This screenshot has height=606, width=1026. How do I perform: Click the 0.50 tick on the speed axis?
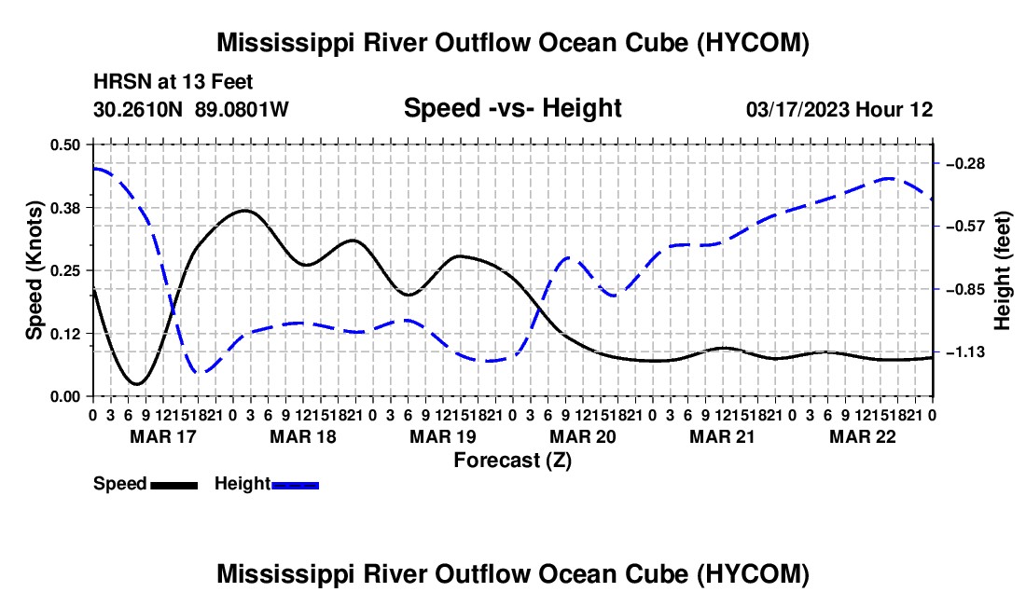coord(64,145)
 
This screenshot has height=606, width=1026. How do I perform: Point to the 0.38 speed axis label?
coord(64,208)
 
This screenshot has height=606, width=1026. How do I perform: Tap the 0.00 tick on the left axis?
coord(64,396)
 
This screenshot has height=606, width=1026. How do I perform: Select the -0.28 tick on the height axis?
coord(965,163)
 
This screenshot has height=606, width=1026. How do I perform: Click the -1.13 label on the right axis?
coord(965,352)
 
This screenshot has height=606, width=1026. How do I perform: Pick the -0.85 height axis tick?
coord(965,290)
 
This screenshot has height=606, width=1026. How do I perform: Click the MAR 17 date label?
coord(163,436)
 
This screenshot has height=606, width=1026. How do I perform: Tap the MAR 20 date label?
coord(582,436)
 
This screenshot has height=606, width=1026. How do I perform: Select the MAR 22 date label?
coord(863,436)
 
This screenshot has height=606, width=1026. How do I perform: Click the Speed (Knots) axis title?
coord(34,270)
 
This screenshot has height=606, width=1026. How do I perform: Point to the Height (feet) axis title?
coord(1002,270)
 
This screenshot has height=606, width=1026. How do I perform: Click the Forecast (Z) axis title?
coord(513,461)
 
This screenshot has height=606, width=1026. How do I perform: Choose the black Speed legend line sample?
coord(174,485)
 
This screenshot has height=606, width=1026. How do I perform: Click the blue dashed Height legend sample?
coord(295,485)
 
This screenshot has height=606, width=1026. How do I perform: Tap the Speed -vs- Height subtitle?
coord(513,108)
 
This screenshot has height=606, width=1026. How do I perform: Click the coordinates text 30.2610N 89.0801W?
coord(191,109)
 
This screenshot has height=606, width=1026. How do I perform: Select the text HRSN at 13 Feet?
coord(173,82)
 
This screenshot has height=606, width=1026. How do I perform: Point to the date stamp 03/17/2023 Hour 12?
coord(839,109)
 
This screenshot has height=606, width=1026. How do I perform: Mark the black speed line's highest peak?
coord(245,211)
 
